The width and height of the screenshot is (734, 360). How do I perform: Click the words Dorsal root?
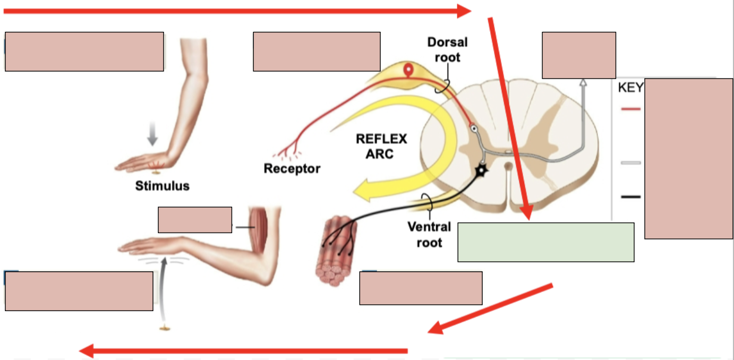pos(447,49)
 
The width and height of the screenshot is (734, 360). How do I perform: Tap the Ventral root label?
pos(429,235)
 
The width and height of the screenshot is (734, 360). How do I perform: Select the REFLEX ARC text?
pos(381,146)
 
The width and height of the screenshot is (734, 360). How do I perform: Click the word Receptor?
pos(292,169)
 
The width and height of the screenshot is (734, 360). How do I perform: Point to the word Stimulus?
pos(162,186)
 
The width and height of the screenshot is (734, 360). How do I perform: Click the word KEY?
pos(630,88)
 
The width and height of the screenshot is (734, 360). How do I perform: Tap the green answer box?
pos(545,242)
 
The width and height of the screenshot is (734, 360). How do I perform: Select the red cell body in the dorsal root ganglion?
pos(408,70)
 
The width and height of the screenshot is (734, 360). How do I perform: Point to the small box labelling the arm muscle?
pos(195,220)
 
